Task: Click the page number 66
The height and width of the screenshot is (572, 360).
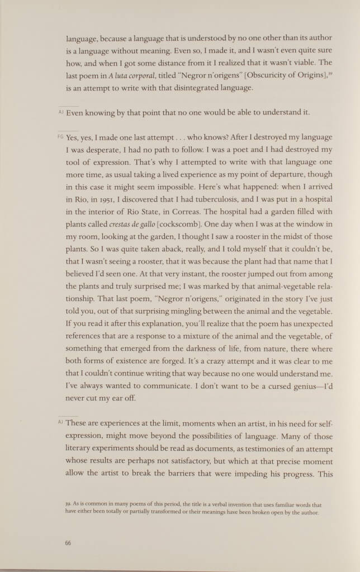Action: pyautogui.click(x=68, y=541)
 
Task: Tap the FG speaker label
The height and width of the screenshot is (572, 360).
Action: pyautogui.click(x=61, y=137)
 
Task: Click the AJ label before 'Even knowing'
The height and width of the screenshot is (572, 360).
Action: pyautogui.click(x=61, y=112)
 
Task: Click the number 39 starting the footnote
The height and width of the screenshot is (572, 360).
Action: pyautogui.click(x=69, y=504)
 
